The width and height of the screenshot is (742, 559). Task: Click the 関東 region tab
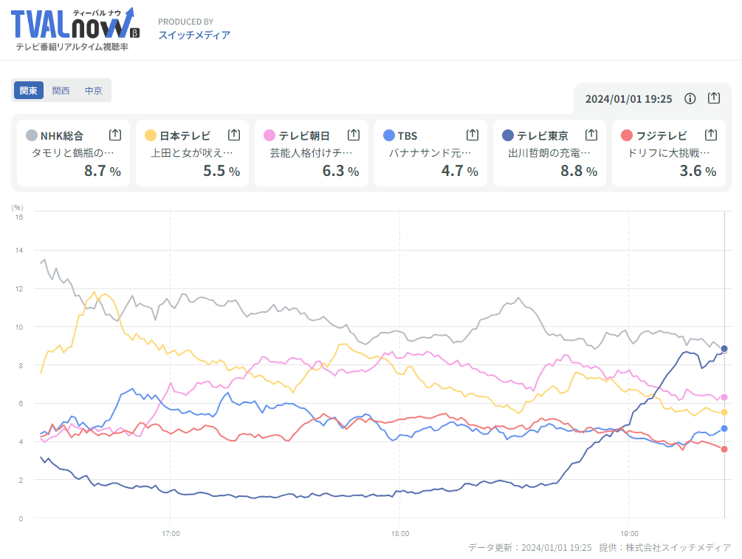click(29, 91)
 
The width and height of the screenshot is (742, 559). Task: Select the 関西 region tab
click(61, 91)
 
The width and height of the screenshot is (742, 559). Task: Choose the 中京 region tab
click(94, 91)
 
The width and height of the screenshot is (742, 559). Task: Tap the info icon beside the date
click(690, 98)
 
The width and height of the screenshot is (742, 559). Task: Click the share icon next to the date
click(714, 98)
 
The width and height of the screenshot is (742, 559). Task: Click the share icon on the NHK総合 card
click(115, 135)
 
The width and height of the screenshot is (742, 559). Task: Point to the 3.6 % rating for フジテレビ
click(697, 171)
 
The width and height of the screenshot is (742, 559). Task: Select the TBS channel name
click(408, 135)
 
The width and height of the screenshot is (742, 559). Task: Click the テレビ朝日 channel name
click(304, 135)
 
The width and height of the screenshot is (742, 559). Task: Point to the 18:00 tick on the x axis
click(399, 532)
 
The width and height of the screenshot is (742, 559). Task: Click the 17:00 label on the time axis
click(171, 532)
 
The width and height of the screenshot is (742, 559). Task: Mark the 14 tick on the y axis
click(18, 251)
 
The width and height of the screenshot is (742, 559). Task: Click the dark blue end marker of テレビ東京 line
click(724, 349)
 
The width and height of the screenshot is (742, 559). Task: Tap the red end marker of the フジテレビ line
click(724, 449)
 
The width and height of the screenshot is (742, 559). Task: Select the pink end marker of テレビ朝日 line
click(724, 397)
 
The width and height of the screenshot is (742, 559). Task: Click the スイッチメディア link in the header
click(194, 35)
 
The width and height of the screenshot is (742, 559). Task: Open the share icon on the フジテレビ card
click(710, 135)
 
